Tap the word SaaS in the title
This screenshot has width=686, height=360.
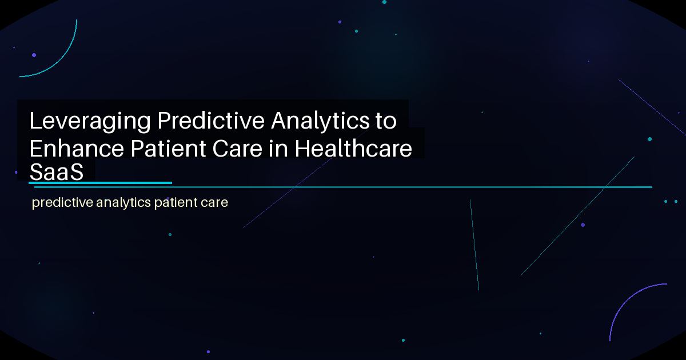point(57,171)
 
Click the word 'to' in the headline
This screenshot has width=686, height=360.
point(386,121)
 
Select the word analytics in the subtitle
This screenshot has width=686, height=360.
point(119,203)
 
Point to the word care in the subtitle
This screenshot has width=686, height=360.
point(214,203)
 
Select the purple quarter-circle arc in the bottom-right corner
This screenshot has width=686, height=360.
point(623,303)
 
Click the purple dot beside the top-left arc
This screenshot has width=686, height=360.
point(34,55)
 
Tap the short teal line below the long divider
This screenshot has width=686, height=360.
point(474,245)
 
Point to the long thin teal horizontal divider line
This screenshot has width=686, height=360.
point(400,187)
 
